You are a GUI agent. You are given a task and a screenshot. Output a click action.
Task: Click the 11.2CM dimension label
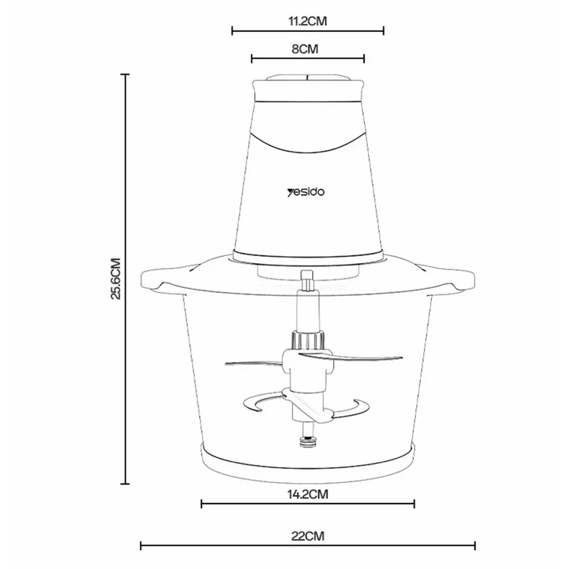pos(307,21)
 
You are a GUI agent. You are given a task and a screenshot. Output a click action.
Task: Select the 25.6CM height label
pos(117,279)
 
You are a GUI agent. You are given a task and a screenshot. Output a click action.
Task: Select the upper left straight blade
pos(252,363)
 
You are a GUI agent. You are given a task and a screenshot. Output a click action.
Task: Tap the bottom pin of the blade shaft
pos(307,440)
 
